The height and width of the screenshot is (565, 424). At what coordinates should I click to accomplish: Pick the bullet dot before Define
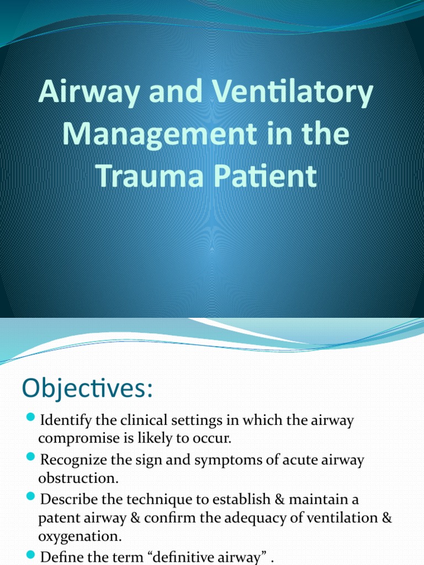30,554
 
